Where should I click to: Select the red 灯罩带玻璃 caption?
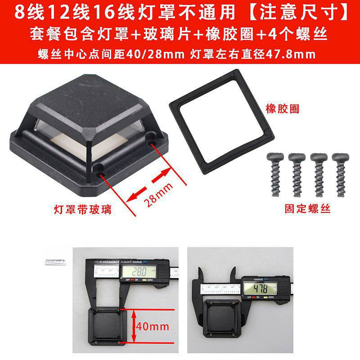click(x=82, y=209)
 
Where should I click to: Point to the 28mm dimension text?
click(x=154, y=191)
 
